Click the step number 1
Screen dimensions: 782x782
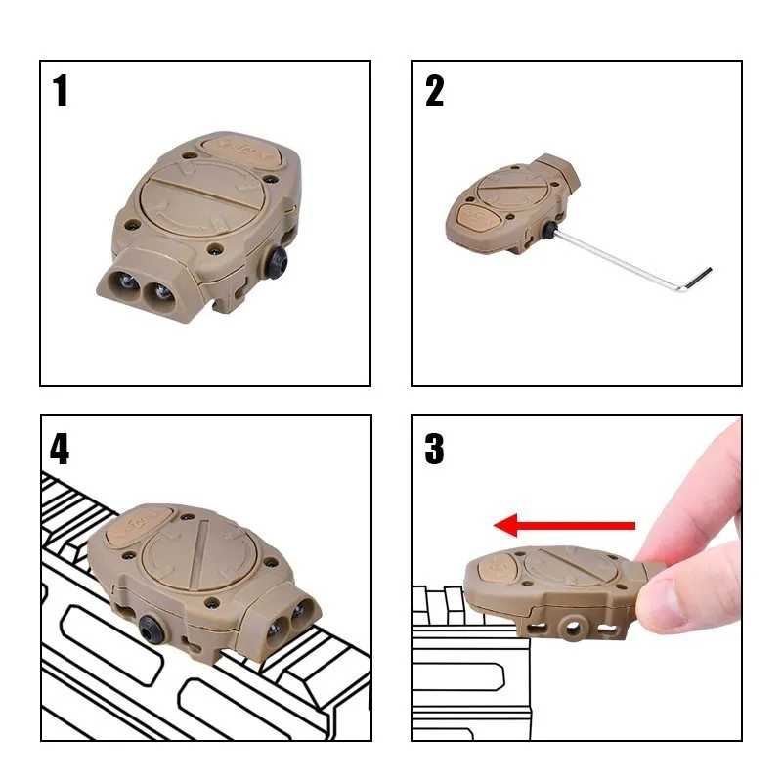click(x=61, y=90)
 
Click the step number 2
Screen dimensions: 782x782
click(x=434, y=90)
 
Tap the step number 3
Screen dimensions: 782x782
click(x=434, y=449)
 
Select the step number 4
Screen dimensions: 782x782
click(x=60, y=449)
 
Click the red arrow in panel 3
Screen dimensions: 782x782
click(x=564, y=525)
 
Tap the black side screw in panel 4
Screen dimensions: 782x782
click(x=151, y=629)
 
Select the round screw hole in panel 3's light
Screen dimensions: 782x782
click(x=573, y=624)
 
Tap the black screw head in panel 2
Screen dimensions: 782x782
click(x=550, y=230)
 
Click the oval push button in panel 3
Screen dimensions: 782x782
click(x=496, y=567)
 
